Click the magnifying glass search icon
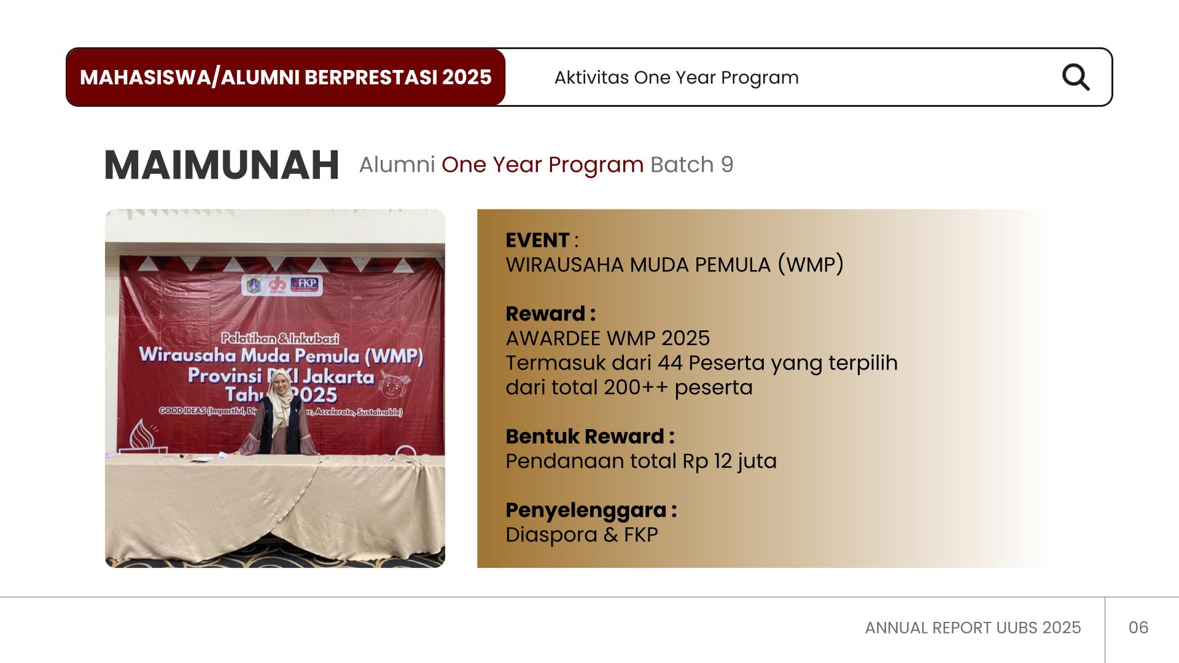(1076, 77)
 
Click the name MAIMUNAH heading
(222, 165)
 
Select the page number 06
(1138, 627)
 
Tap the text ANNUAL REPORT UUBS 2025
(973, 627)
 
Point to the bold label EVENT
(537, 240)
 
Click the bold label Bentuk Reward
(585, 436)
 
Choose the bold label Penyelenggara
(586, 510)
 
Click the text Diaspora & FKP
(582, 535)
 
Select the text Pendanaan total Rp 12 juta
(640, 461)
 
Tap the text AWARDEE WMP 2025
(607, 338)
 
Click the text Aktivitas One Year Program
(676, 78)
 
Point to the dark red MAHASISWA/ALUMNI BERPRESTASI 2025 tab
(286, 77)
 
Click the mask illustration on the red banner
(389, 386)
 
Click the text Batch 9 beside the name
(691, 165)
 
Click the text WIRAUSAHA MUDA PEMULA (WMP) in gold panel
(674, 265)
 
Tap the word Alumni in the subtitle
(397, 165)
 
